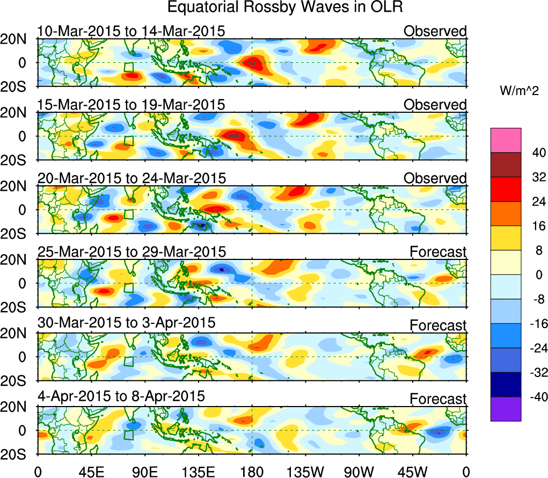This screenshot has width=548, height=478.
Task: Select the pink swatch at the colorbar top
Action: point(506,140)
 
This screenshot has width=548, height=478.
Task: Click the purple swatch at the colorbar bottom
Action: point(506,409)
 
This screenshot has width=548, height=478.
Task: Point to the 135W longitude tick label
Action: point(305,471)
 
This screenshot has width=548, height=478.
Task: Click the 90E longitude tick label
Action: point(144,471)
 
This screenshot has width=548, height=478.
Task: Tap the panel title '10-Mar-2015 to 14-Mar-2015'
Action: point(130,31)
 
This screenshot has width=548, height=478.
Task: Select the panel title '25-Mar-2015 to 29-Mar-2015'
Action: point(131,251)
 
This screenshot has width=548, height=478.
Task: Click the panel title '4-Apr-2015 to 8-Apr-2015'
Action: point(121,396)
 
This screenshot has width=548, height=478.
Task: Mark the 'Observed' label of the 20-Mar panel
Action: point(435,178)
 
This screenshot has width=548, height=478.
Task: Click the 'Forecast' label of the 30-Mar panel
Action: point(438,325)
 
